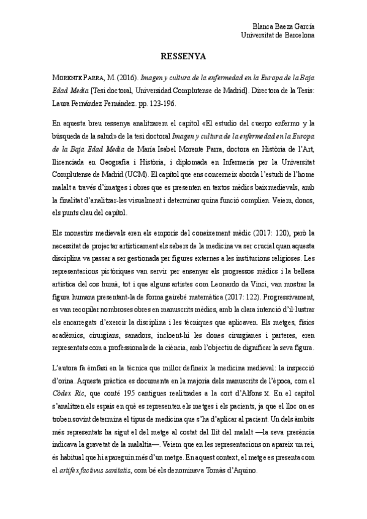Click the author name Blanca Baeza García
pos(284,26)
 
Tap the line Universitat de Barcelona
pos(279,35)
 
